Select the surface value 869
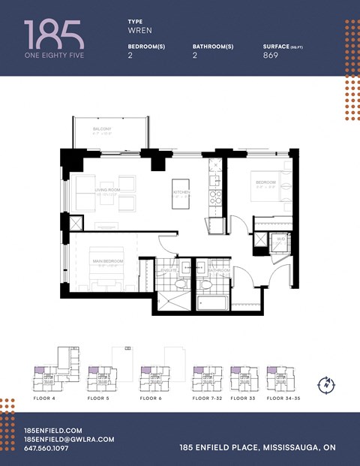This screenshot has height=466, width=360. [x=271, y=55]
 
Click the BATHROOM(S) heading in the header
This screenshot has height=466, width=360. [x=213, y=46]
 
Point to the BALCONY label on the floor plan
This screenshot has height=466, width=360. [x=102, y=130]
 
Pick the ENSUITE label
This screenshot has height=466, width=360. [x=169, y=270]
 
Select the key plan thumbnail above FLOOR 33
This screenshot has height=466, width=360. [x=241, y=377]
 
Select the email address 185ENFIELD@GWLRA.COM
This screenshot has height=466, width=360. [x=69, y=438]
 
